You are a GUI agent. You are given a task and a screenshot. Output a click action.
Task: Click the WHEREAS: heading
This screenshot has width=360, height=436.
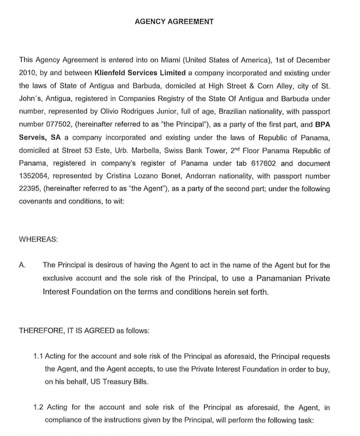point(39,239)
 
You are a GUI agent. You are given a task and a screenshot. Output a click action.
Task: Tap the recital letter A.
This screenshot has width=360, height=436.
point(22,266)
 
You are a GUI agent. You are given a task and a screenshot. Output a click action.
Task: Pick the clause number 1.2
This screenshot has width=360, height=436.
point(38,408)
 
